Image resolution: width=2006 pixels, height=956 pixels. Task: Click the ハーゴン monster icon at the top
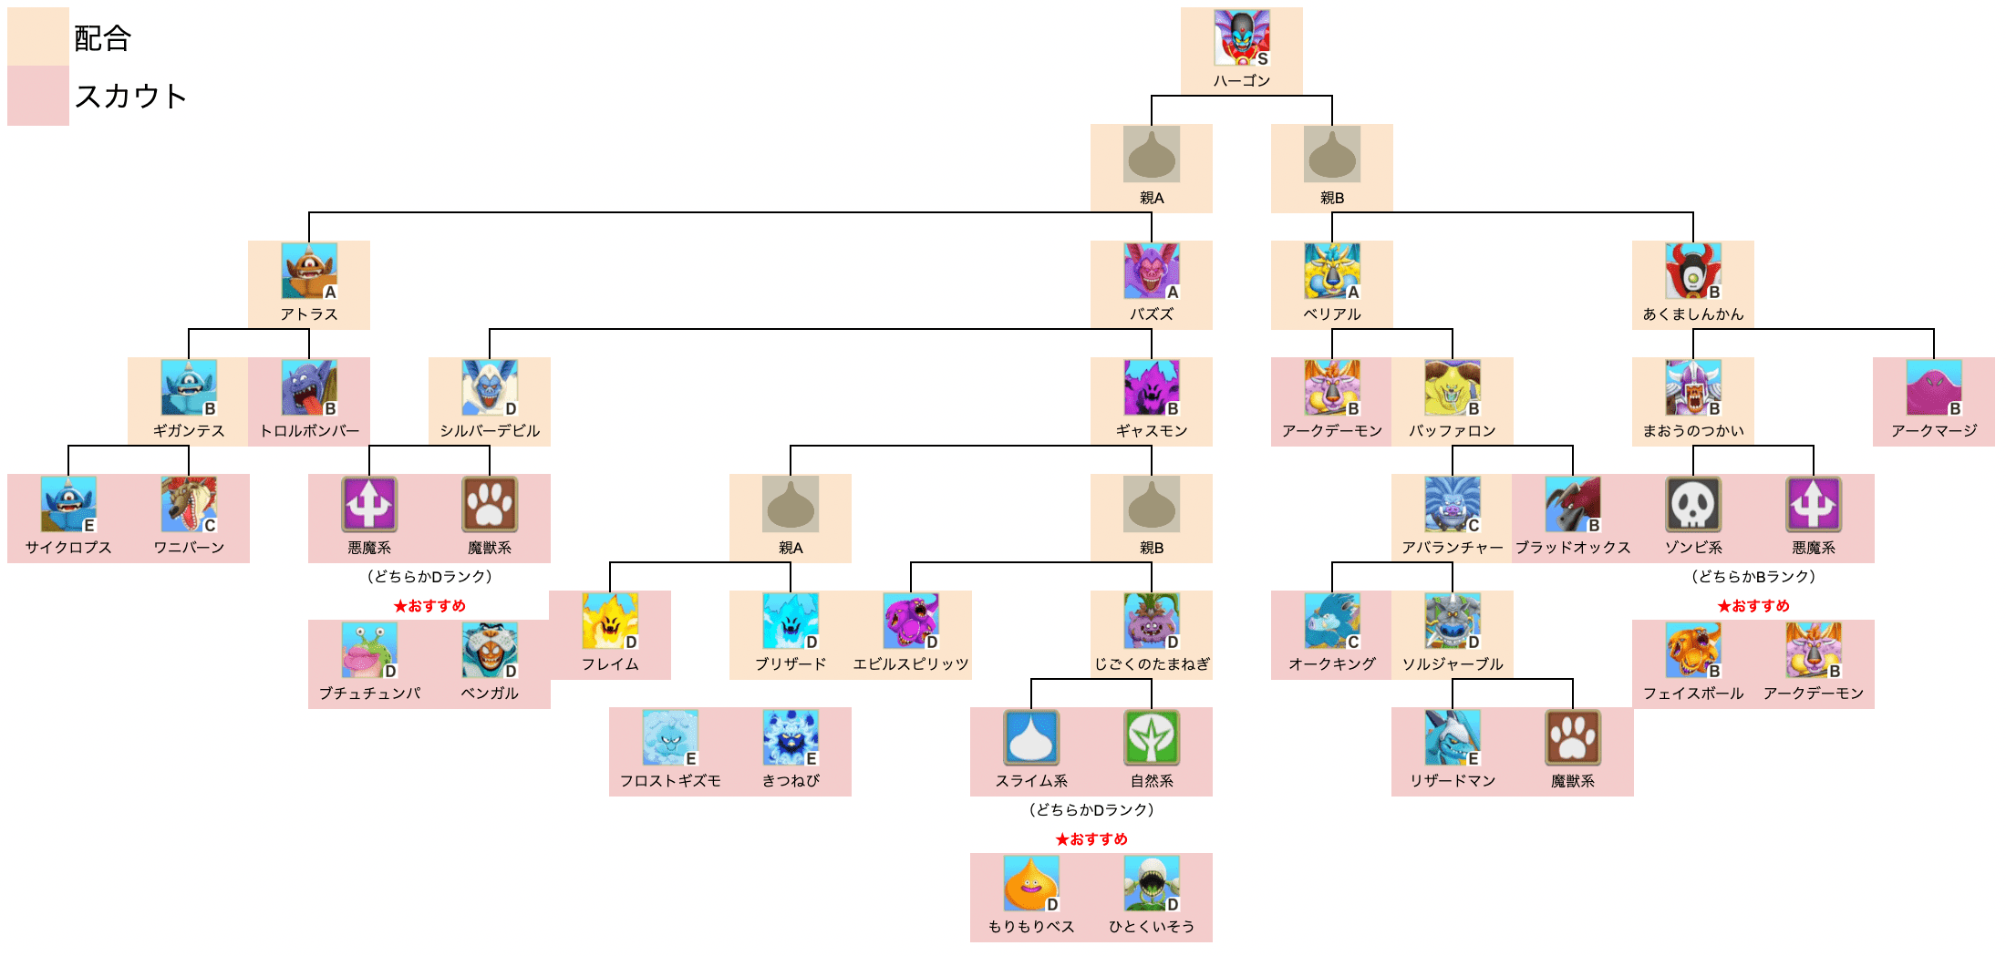click(1241, 37)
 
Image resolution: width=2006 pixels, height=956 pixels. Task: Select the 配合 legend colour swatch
click(38, 36)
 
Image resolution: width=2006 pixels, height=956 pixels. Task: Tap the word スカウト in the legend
click(130, 96)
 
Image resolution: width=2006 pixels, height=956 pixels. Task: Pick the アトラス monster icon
click(309, 271)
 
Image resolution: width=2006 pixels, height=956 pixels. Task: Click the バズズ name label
click(1151, 314)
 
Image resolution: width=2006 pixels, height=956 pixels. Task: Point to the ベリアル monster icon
click(1331, 271)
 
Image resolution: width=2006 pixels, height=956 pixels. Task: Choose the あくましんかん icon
click(1692, 271)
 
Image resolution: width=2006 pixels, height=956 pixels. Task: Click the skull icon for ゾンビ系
click(1692, 504)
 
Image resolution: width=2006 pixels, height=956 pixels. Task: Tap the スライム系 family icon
click(1030, 737)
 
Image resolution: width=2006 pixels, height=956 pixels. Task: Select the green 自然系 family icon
click(1151, 737)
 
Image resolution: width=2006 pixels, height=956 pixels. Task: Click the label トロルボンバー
click(309, 431)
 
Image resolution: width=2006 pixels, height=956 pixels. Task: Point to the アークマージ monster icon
click(1933, 387)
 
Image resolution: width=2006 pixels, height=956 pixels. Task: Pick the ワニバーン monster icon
click(189, 504)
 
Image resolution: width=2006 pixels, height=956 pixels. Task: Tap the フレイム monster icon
click(610, 621)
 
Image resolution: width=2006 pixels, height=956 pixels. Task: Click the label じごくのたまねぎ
click(1152, 664)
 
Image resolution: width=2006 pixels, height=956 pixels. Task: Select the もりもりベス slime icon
click(1030, 883)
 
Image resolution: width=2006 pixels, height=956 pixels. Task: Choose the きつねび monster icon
click(791, 737)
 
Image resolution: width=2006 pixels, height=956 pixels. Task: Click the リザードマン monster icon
click(1452, 737)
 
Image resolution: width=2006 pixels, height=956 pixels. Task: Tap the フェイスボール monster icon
click(1692, 650)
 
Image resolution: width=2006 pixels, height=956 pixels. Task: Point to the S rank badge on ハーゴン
click(1262, 58)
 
